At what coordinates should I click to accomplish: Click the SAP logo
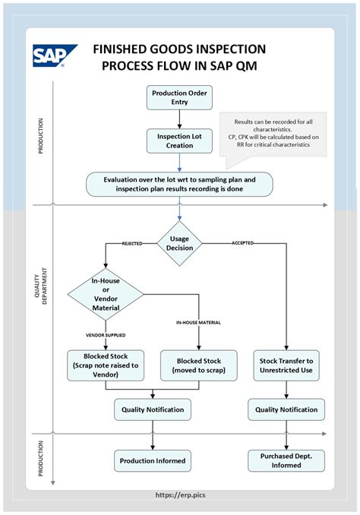coord(55,56)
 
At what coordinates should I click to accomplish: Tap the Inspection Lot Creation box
coord(179,140)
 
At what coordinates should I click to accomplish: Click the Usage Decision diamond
coord(179,243)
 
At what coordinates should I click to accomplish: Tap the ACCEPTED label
coord(242,244)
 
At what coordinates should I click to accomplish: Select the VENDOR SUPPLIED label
coord(106,334)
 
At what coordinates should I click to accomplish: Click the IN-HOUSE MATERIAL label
coord(198,323)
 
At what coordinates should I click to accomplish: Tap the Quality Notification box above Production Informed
coord(153,410)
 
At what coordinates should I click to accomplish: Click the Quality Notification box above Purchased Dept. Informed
coord(286,410)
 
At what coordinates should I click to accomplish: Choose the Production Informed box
coord(153,460)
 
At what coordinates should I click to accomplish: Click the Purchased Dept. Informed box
coord(286,460)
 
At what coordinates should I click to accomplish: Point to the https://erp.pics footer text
coord(180,494)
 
